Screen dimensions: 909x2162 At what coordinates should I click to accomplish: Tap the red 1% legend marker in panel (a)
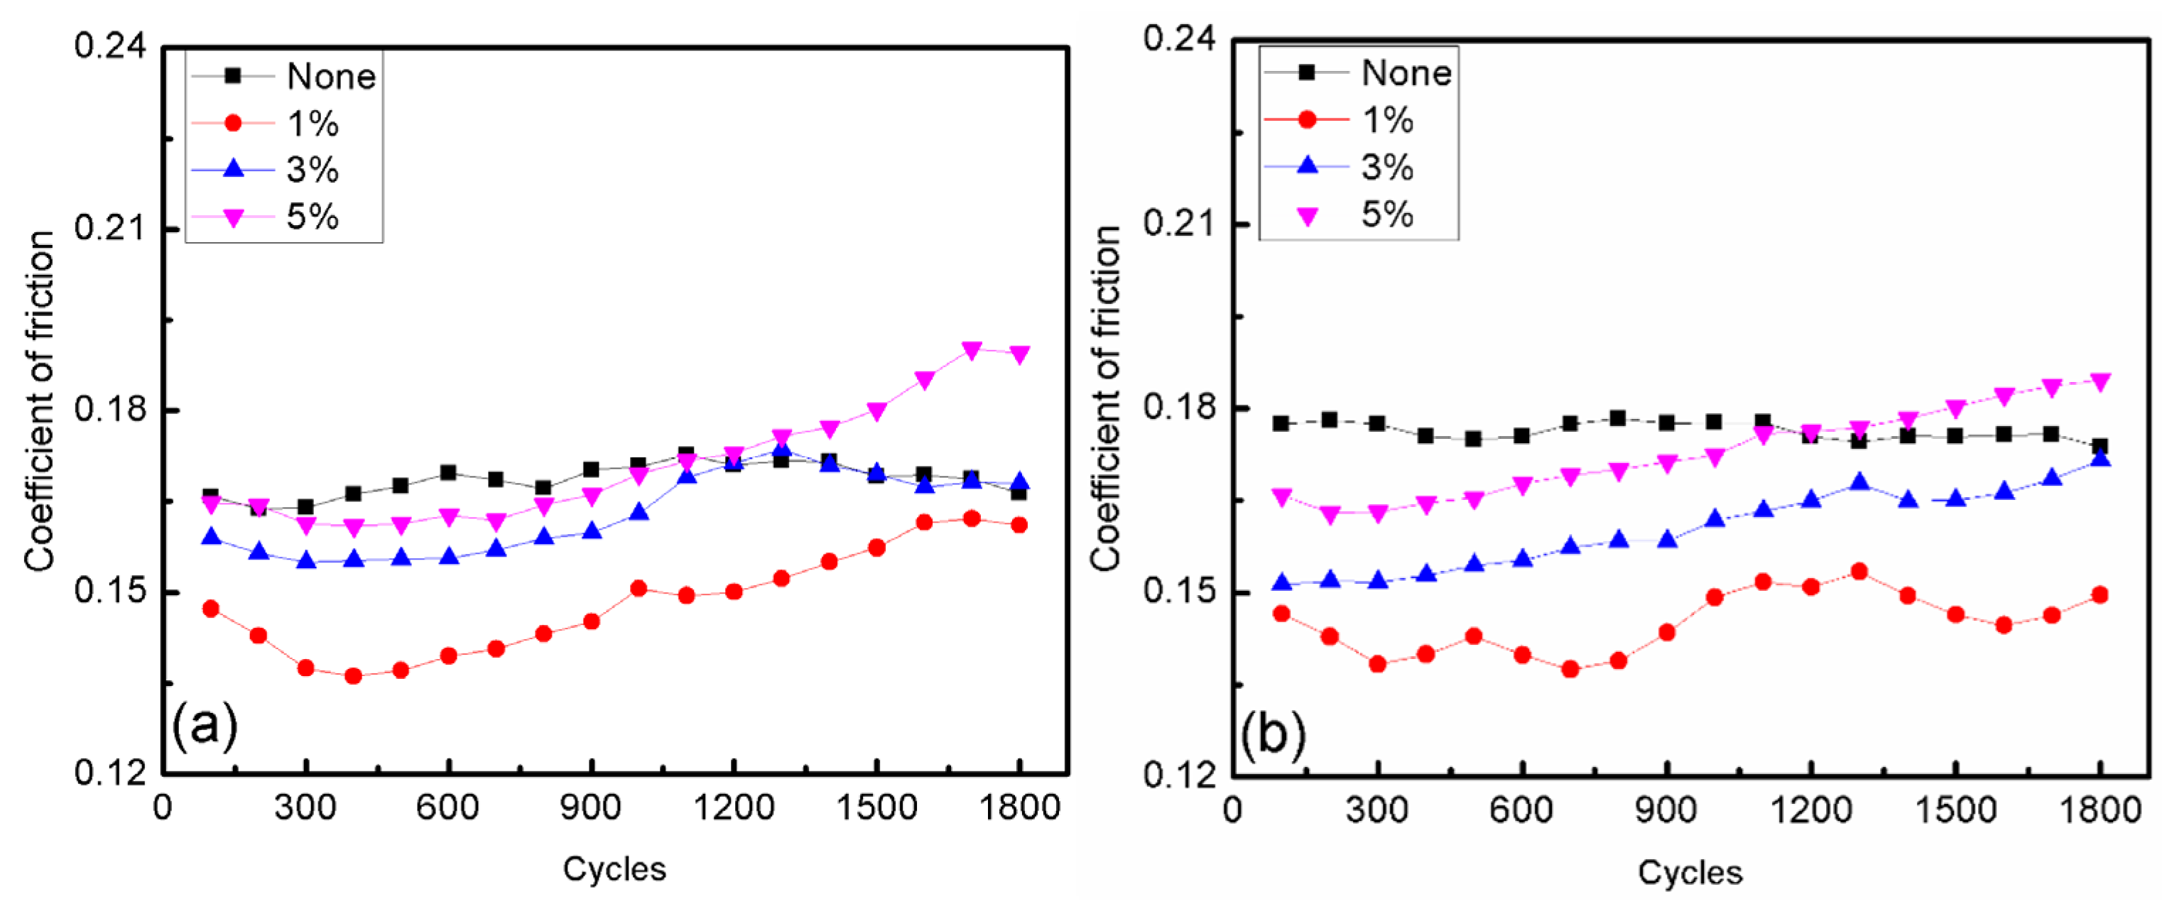click(234, 124)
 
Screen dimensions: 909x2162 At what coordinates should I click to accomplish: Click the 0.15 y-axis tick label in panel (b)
click(1178, 591)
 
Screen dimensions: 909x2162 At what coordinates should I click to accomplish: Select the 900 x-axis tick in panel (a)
click(591, 807)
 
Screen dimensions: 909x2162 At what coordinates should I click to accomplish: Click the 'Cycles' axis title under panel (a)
click(614, 869)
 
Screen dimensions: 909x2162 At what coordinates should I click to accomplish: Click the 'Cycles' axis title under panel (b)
click(1690, 872)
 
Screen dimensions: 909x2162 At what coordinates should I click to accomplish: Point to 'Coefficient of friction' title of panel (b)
click(1105, 398)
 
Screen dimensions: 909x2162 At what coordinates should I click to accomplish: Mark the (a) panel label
click(205, 724)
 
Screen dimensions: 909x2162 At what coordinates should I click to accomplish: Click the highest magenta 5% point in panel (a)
click(972, 350)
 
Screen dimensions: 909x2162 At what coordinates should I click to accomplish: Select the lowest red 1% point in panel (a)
click(353, 675)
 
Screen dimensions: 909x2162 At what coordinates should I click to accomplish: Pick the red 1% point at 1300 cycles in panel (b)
click(1859, 572)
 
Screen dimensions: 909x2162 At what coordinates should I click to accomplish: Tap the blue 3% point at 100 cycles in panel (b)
click(1281, 582)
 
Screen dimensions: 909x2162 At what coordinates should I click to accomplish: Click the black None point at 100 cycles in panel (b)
click(1281, 423)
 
